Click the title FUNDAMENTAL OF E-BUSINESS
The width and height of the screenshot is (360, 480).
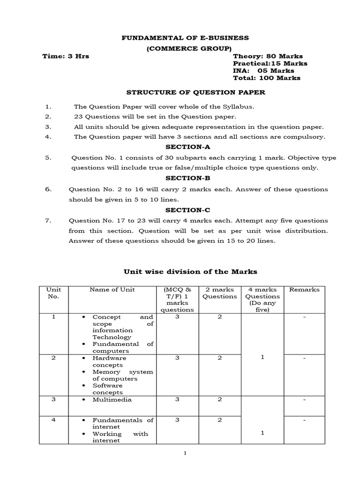pos(185,37)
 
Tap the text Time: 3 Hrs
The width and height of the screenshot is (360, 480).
pos(66,56)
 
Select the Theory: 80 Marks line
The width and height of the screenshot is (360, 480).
pos(268,56)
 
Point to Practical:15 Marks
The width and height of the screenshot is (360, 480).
pos(270,63)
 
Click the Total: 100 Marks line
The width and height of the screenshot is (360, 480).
pos(267,78)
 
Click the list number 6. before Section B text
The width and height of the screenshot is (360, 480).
pos(48,189)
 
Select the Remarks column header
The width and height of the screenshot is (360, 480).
pos(304,290)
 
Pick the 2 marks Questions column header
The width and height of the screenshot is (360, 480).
pos(219,293)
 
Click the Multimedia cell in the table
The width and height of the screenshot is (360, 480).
pos(112,399)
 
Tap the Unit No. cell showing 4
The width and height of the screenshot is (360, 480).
pos(54,420)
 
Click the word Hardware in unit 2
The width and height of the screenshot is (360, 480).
pos(106,358)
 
